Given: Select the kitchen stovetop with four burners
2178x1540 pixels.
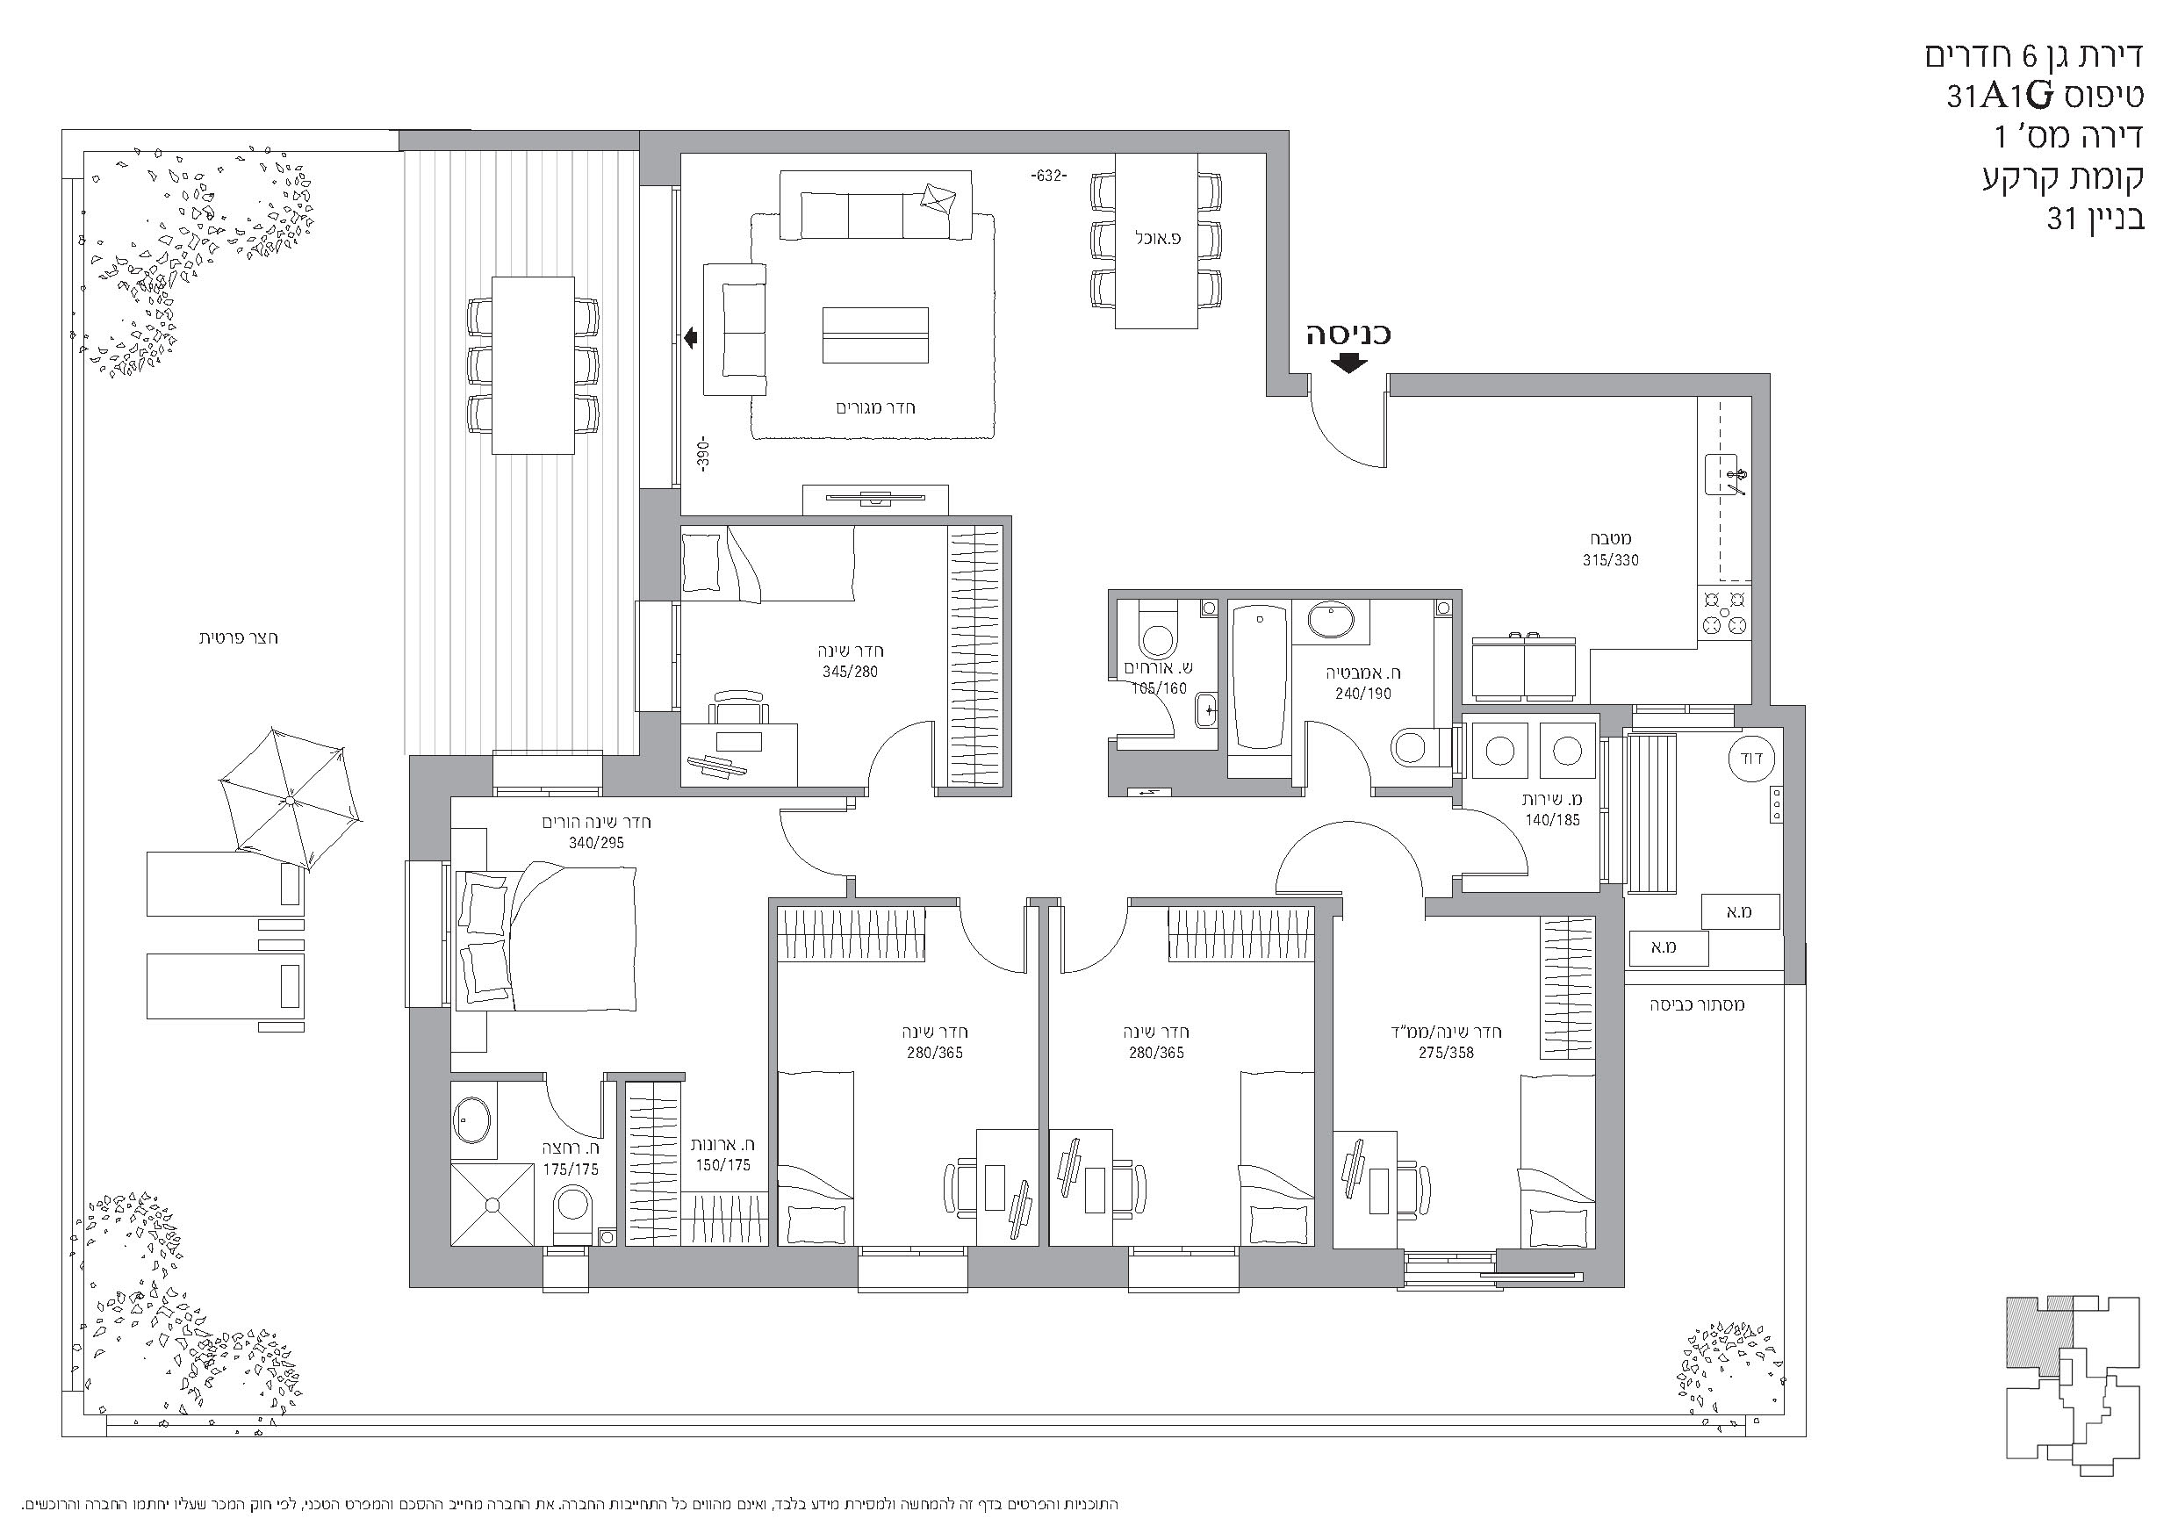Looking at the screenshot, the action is point(1724,612).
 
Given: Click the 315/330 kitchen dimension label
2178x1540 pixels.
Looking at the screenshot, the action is point(1610,560).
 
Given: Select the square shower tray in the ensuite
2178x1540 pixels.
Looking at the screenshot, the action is point(492,1204).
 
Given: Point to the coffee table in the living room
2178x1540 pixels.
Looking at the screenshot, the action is point(874,335).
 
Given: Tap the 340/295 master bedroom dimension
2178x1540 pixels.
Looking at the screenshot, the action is point(597,843).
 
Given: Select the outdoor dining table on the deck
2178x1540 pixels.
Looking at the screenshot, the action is point(533,365).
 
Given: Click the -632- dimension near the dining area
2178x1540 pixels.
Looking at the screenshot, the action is point(1048,176).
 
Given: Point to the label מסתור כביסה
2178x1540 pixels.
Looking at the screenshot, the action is point(1697,1004).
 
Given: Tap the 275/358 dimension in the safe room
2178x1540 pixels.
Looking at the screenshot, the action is point(1447,1053).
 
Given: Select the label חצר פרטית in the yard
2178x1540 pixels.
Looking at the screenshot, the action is point(238,637).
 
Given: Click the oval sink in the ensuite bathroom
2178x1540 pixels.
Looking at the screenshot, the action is point(471,1120).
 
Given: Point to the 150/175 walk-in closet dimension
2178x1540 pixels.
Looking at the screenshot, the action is point(722,1164).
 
